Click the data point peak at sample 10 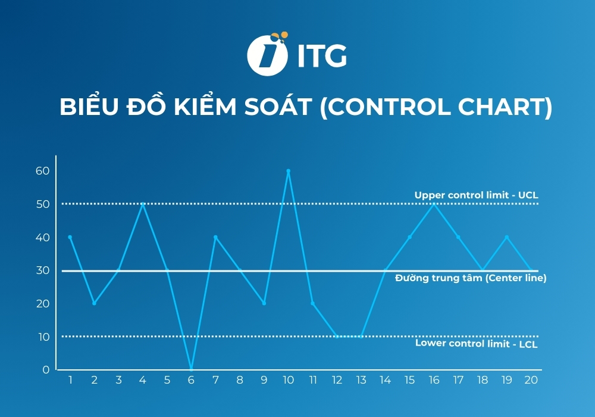coord(288,171)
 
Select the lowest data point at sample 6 coord(191,369)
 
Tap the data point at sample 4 coord(143,204)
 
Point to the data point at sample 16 coord(434,204)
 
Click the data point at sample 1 coord(70,237)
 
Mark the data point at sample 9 coord(264,303)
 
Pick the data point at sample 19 coord(506,237)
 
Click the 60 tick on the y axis coord(42,171)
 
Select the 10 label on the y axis coord(43,337)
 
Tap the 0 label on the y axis coord(46,370)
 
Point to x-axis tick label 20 coord(531,380)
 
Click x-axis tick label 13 coord(361,380)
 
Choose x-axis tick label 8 coord(240,380)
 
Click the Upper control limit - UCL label coord(476,195)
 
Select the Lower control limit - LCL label coord(476,343)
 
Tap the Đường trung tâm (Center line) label coord(470,278)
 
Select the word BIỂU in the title coord(89,108)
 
